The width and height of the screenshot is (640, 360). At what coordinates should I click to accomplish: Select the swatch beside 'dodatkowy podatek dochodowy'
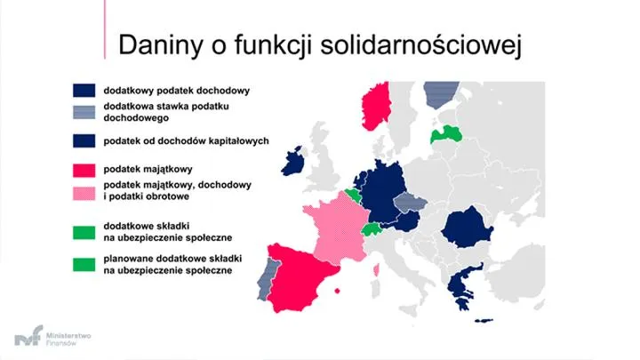click(84, 91)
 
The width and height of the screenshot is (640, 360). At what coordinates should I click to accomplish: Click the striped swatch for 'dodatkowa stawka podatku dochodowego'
click(84, 110)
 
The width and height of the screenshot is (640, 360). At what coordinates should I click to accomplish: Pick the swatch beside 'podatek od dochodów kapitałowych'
click(84, 140)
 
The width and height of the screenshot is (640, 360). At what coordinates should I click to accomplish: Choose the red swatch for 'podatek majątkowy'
click(84, 168)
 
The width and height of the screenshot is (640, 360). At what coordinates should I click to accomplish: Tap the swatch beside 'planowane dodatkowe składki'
click(84, 263)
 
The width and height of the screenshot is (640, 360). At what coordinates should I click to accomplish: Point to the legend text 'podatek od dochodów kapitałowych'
click(186, 140)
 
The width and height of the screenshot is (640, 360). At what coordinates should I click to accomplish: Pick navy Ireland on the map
click(292, 162)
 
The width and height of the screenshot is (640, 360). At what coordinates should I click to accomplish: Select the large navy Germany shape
click(378, 194)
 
